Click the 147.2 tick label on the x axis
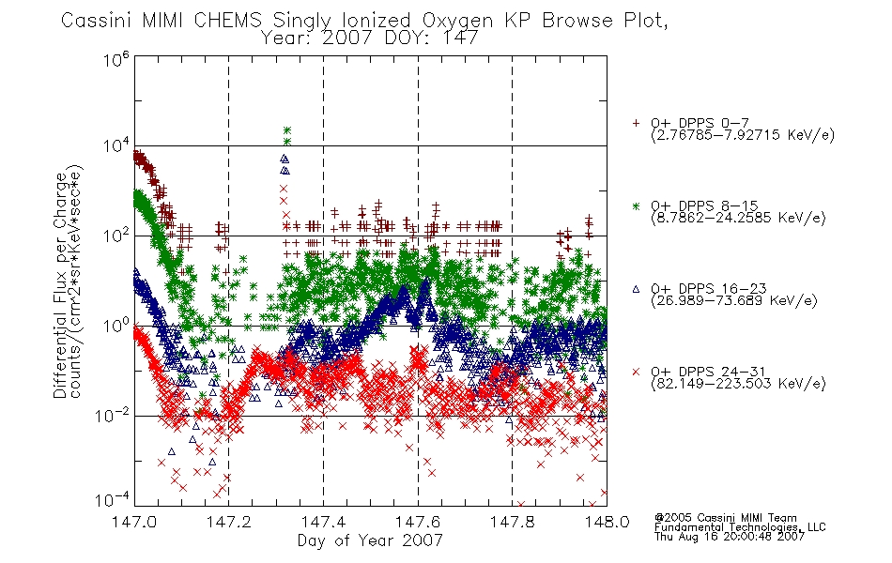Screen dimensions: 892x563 229,522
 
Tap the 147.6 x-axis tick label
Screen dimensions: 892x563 418,522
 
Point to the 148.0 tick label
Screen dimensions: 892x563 607,522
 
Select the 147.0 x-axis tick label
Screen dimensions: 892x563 134,522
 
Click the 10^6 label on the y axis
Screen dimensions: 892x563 116,58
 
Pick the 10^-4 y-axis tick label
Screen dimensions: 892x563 112,499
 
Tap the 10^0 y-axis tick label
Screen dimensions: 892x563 116,326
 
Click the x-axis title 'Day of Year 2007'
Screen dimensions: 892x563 370,540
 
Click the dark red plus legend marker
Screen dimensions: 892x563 636,123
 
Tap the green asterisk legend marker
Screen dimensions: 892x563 636,205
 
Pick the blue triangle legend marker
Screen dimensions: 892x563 636,289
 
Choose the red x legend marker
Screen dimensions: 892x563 636,372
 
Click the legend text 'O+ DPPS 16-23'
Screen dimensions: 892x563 708,288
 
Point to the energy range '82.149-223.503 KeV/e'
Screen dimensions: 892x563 737,384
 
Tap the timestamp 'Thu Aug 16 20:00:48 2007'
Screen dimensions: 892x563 730,537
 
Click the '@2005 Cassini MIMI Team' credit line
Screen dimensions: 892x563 725,518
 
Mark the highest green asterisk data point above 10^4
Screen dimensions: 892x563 287,130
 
